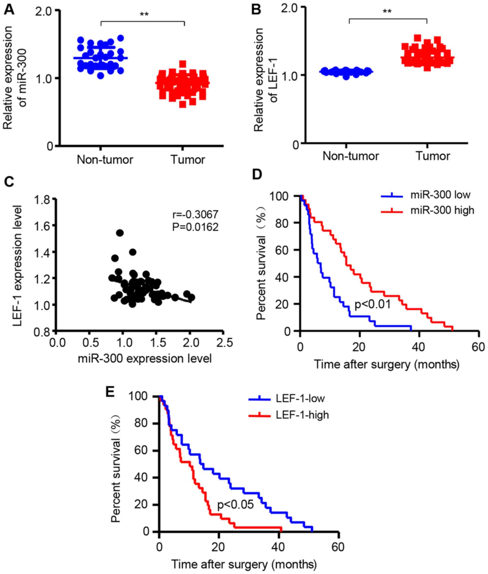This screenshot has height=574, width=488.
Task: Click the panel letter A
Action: coord(9,11)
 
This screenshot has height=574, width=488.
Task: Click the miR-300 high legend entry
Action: coord(442,210)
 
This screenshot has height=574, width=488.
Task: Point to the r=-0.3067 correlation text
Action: coord(195,214)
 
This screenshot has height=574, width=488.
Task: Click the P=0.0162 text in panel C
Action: coord(195,227)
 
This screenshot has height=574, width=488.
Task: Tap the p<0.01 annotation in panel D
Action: coord(372,304)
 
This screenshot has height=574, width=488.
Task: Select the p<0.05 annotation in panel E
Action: coord(235,504)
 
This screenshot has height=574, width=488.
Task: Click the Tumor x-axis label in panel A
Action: coord(188,160)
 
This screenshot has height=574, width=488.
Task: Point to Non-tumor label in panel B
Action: coord(351,156)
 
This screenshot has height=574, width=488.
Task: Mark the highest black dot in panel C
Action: coord(120,233)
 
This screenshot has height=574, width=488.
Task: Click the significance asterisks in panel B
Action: coord(387,11)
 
